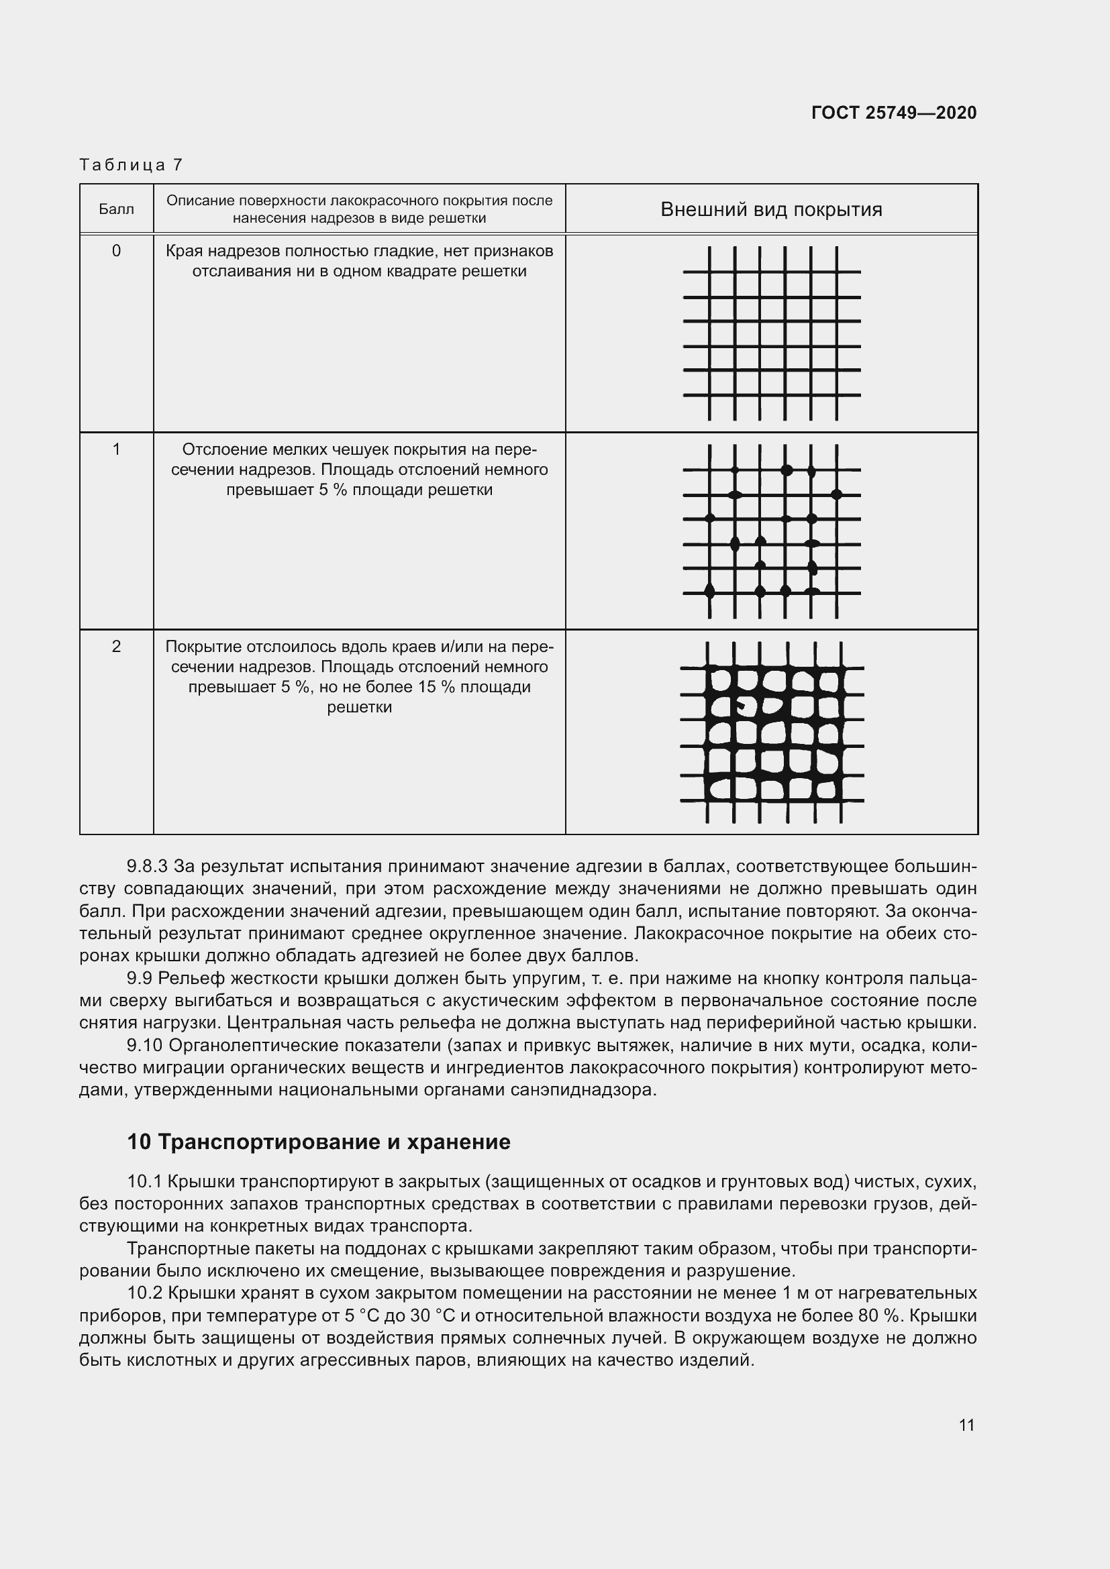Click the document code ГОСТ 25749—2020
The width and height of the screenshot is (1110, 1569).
click(893, 113)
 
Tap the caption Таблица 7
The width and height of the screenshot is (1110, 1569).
click(131, 165)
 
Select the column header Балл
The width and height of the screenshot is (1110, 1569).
click(116, 209)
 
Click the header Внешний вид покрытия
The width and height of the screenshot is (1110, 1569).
click(771, 209)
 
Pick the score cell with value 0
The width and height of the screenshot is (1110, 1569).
click(116, 251)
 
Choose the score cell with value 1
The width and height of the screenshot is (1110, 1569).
click(116, 449)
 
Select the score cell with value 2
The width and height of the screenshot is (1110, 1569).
click(116, 647)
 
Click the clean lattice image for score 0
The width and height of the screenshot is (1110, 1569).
click(772, 333)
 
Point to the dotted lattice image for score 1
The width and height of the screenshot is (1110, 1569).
click(772, 531)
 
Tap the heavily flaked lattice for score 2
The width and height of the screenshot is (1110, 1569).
click(772, 732)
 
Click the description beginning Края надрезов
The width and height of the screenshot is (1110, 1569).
click(359, 261)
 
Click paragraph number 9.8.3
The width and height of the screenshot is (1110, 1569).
click(147, 867)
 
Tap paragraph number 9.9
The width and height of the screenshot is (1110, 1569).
click(140, 979)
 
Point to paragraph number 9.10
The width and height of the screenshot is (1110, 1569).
click(144, 1046)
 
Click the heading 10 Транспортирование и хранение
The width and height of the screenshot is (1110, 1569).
click(319, 1142)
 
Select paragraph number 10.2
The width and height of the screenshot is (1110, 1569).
click(144, 1293)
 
